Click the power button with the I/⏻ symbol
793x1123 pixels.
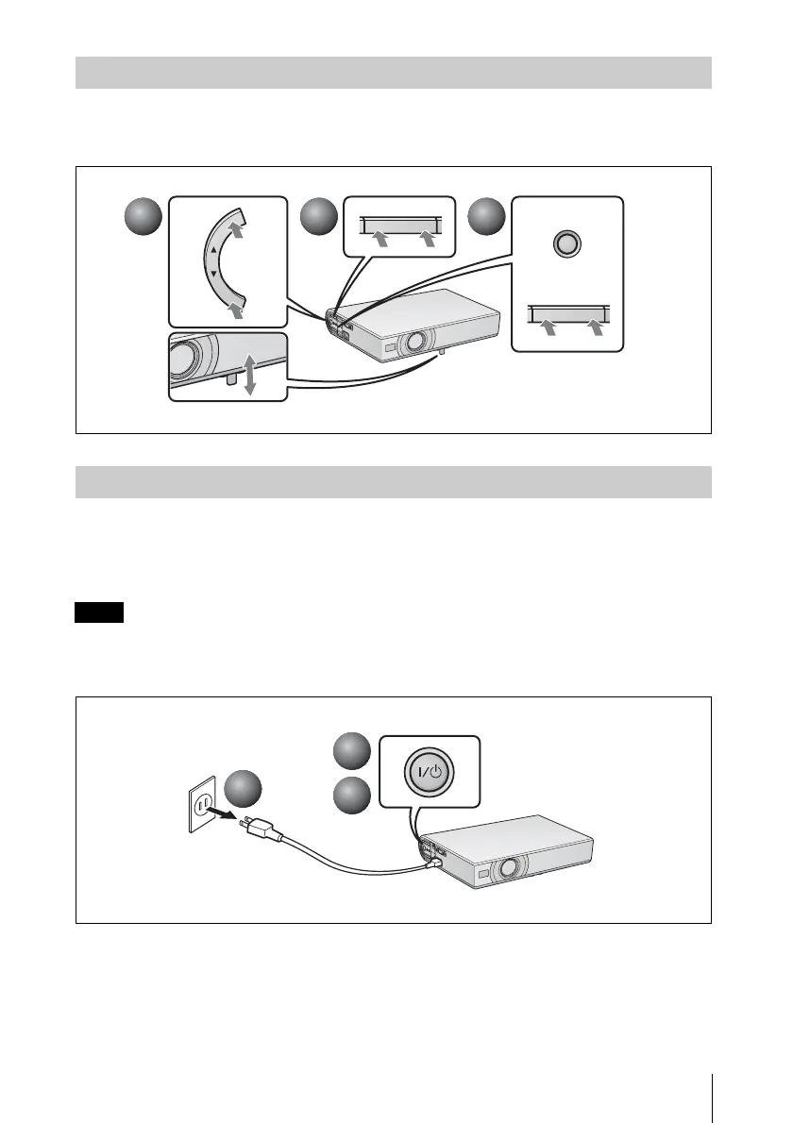pos(430,772)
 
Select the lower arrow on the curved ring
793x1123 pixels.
pos(236,308)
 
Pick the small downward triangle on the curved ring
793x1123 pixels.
pos(214,275)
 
